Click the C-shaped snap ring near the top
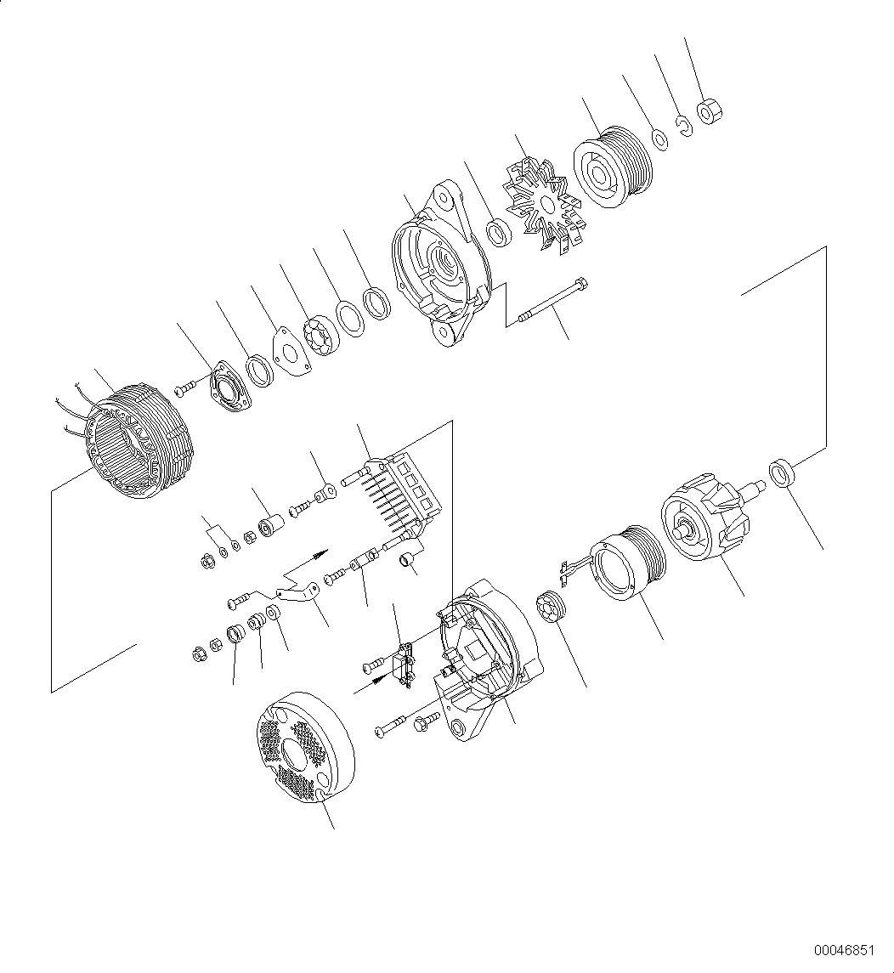click(x=683, y=126)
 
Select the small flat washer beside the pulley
click(x=659, y=137)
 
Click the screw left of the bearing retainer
click(x=185, y=389)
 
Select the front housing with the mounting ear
click(x=440, y=263)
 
